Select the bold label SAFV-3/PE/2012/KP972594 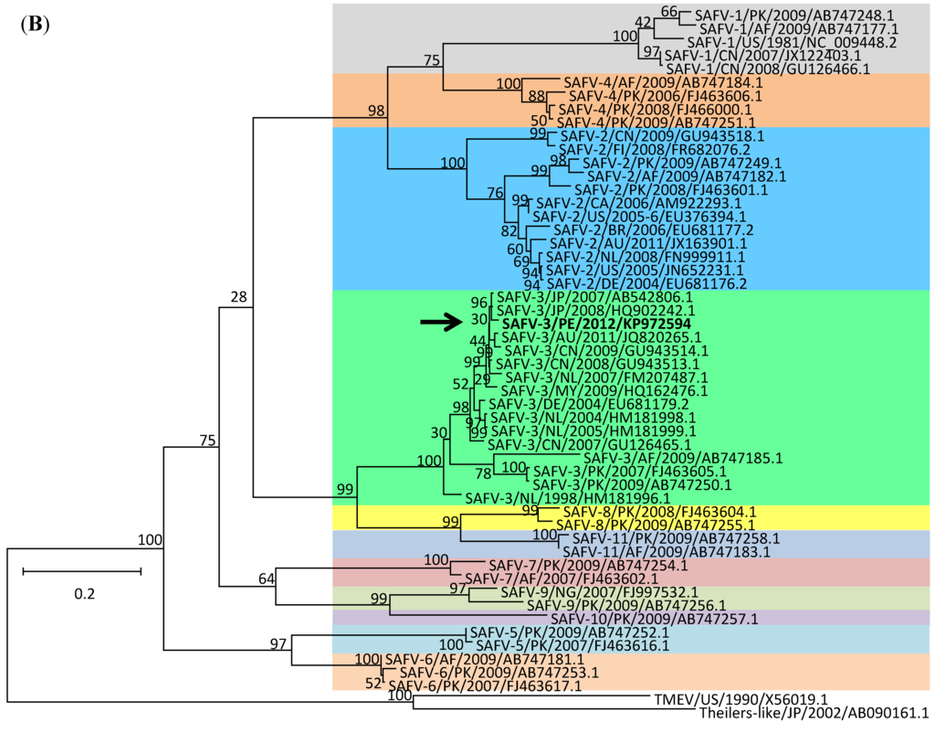point(595,324)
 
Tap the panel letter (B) point(32,24)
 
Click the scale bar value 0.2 point(84,593)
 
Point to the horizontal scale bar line point(81,571)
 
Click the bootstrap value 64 point(266,578)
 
